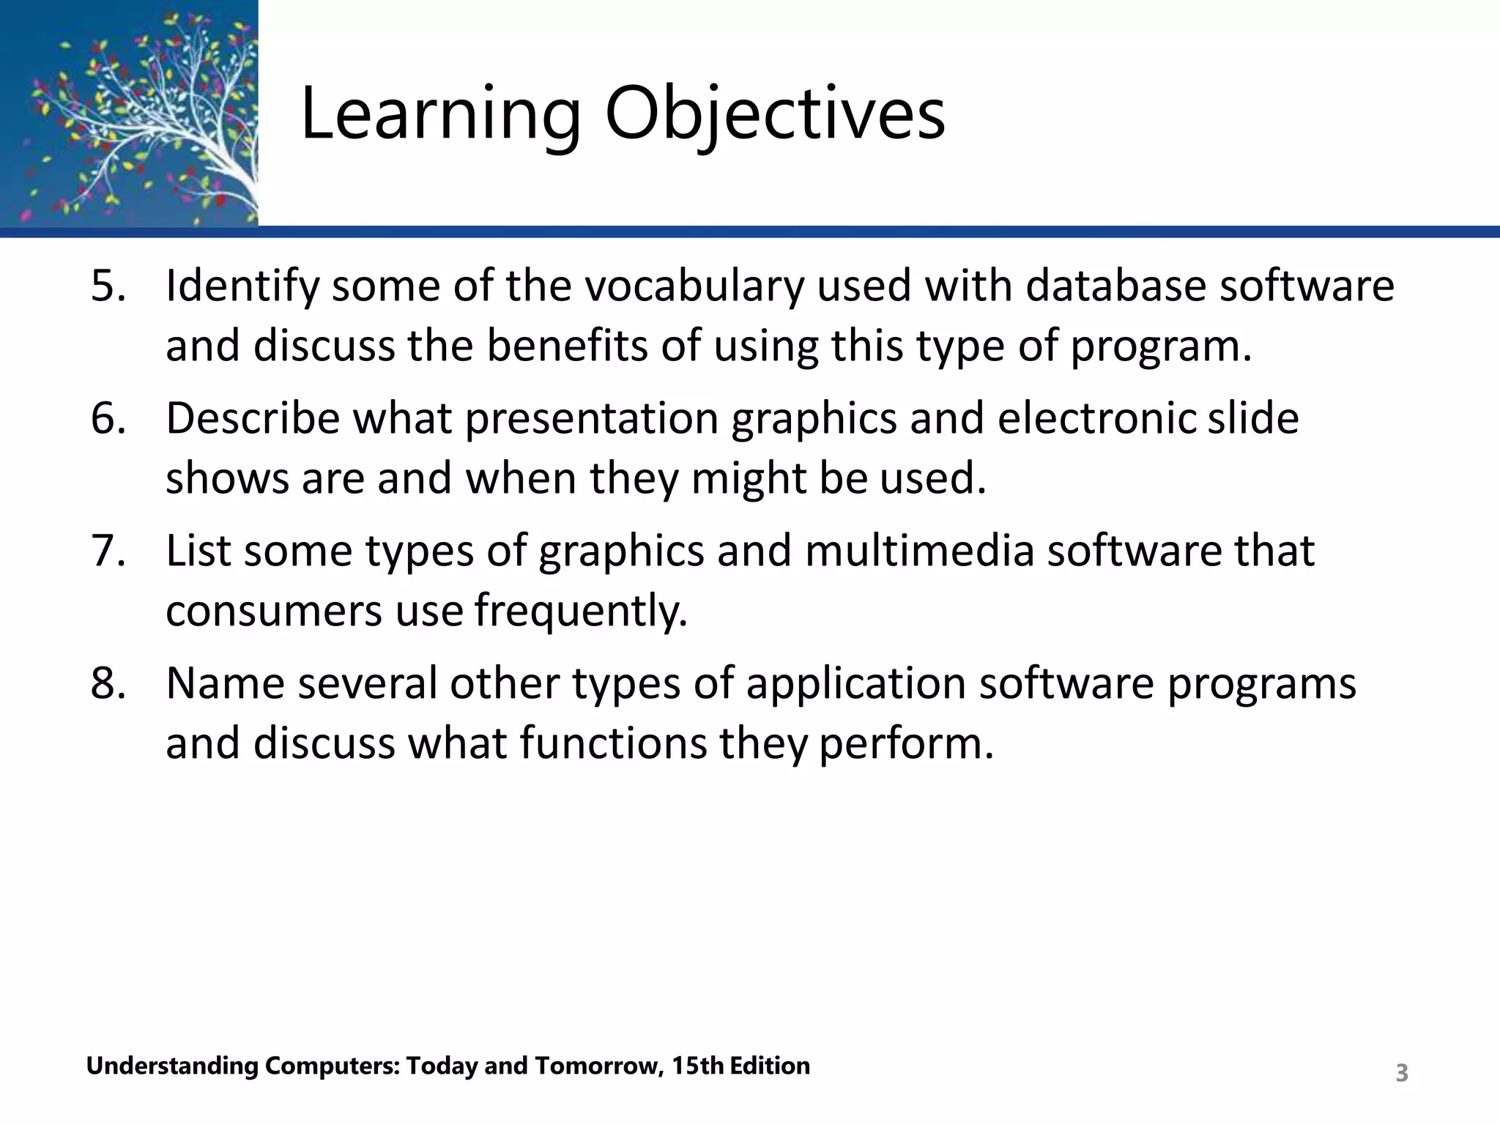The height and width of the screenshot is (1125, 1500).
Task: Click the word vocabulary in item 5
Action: [691, 286]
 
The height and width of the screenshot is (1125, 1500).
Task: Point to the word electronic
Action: [1096, 418]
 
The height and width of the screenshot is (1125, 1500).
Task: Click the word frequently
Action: [581, 611]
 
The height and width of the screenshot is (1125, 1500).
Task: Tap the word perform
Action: [905, 743]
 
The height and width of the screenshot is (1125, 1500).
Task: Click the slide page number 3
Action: [1401, 1073]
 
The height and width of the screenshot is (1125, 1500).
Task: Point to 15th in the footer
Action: [697, 1066]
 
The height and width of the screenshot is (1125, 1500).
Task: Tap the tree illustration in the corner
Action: [129, 114]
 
